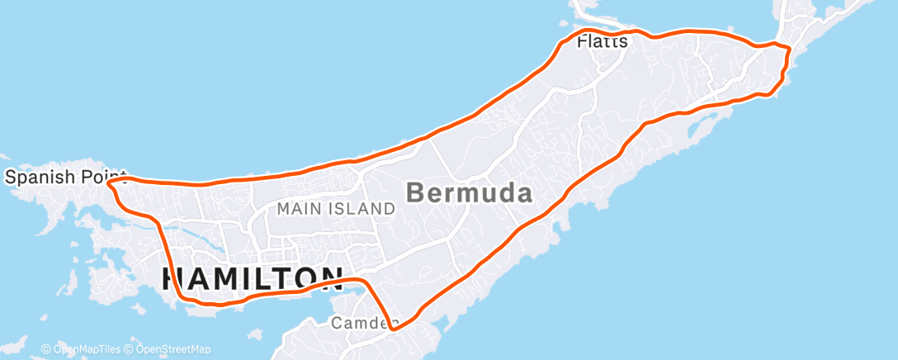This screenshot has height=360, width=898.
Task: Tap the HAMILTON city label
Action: click(252, 277)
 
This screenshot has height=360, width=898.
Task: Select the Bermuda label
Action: click(469, 193)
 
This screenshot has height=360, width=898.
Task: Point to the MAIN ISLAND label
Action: click(336, 209)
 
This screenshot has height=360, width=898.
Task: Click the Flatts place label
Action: click(603, 40)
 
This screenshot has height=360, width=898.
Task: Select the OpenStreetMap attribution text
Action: click(170, 349)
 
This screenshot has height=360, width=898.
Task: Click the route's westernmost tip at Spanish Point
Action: click(110, 182)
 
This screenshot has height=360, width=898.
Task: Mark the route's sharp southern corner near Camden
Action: click(394, 329)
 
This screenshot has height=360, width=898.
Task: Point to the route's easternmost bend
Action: click(790, 50)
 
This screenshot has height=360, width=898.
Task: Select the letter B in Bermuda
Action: click(417, 193)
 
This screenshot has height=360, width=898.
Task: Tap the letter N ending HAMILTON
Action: click(331, 277)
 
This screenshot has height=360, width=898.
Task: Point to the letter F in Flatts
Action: click(582, 40)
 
